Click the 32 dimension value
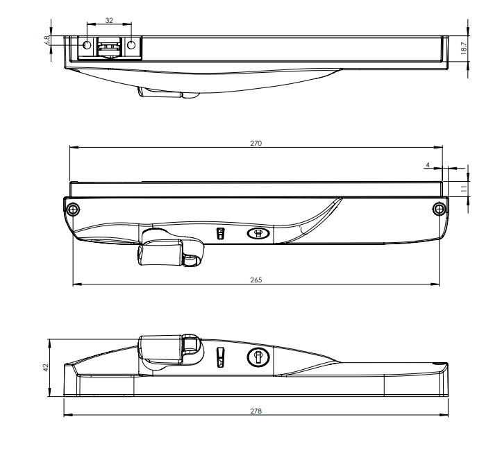109,22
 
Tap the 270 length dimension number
256,143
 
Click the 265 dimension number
256,280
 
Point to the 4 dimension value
429,165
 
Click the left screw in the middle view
73,208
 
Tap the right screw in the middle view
438,209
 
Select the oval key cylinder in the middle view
258,234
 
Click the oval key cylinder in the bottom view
258,357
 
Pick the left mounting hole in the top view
87,45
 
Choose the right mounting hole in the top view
131,45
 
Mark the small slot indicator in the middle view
221,234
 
